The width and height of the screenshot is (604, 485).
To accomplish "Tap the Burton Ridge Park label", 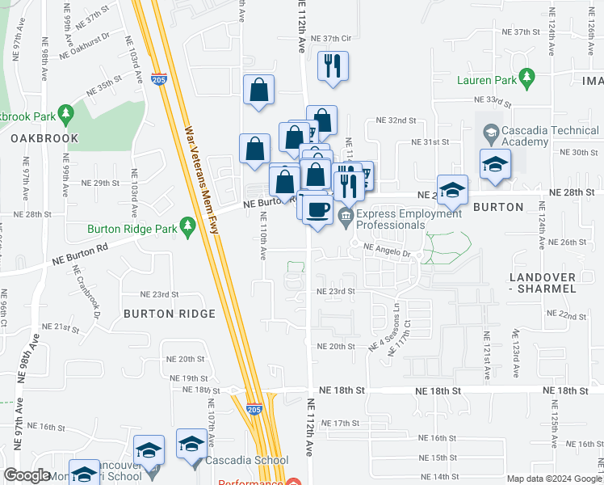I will click(132, 230).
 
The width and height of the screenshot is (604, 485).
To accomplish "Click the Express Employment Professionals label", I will click(411, 219).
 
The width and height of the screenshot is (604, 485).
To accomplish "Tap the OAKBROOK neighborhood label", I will click(45, 138).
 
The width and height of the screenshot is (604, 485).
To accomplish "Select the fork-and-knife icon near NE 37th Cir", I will click(333, 65).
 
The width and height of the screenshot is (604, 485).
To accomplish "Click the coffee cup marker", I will click(317, 209).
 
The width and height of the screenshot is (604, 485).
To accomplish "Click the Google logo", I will click(27, 476).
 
